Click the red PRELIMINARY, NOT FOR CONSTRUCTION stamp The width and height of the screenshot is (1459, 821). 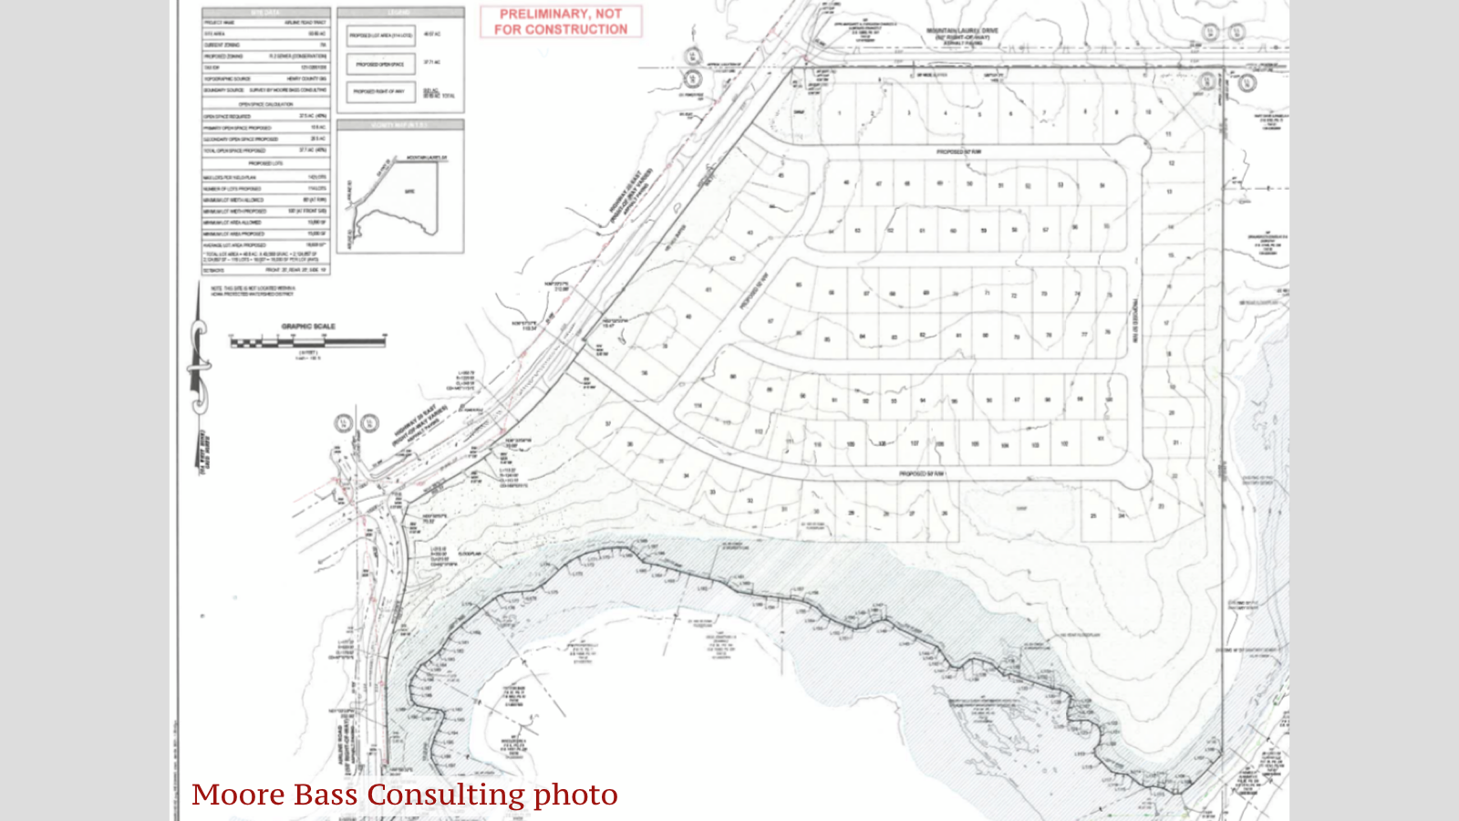(x=561, y=22)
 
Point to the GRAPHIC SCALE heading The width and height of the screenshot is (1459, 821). (x=308, y=326)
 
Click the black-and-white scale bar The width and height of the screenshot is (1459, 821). (x=307, y=342)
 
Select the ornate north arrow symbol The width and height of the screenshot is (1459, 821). (x=199, y=365)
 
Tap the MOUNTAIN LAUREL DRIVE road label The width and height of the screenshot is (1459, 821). (x=962, y=31)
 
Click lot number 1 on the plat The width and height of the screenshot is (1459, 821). (x=839, y=113)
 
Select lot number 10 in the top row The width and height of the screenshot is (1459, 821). (x=1148, y=112)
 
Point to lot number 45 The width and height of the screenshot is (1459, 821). (x=781, y=175)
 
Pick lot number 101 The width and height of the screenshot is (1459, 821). (x=1100, y=439)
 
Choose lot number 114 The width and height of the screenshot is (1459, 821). (x=698, y=406)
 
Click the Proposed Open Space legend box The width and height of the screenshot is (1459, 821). (x=380, y=64)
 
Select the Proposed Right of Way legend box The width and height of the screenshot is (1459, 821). (x=380, y=91)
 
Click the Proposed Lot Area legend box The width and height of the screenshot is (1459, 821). (x=380, y=36)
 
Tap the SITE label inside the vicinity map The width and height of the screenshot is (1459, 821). (x=409, y=192)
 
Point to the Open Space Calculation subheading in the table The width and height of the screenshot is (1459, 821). (x=265, y=105)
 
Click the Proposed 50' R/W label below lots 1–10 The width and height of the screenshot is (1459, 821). (x=958, y=151)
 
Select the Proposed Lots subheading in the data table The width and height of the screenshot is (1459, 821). (x=265, y=163)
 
